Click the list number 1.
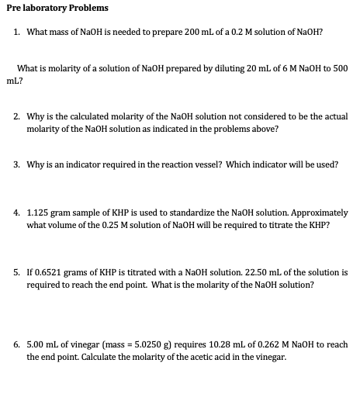[x=17, y=32]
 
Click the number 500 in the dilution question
[x=341, y=68]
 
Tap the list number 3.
[x=17, y=164]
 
